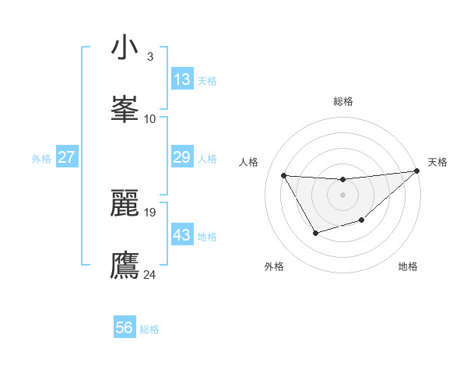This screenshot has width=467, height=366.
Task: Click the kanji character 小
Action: [125, 48]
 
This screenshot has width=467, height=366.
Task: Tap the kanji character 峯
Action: [125, 110]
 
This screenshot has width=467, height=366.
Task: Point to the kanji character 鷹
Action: [125, 265]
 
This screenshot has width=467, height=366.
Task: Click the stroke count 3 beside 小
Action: [149, 57]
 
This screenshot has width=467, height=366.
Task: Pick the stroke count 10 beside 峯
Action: [149, 118]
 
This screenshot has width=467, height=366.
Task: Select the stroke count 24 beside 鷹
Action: [150, 273]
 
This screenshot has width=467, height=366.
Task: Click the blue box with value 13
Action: [181, 79]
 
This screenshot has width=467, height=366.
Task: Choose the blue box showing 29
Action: [181, 157]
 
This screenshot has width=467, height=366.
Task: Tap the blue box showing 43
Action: [181, 235]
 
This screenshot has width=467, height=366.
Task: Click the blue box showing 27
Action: [66, 157]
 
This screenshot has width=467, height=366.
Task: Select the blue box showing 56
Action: [125, 328]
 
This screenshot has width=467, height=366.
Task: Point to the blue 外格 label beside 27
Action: [41, 158]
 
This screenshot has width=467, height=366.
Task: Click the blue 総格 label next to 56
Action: [149, 329]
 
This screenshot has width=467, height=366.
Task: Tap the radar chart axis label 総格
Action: [343, 101]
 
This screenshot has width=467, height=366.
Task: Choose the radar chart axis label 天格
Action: [437, 162]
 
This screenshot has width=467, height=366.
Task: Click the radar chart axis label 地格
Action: [408, 266]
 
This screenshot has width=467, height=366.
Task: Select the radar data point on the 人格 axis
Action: [283, 175]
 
